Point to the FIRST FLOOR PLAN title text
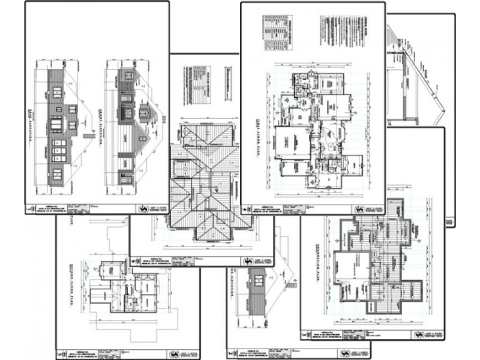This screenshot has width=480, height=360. pos(269,128)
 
